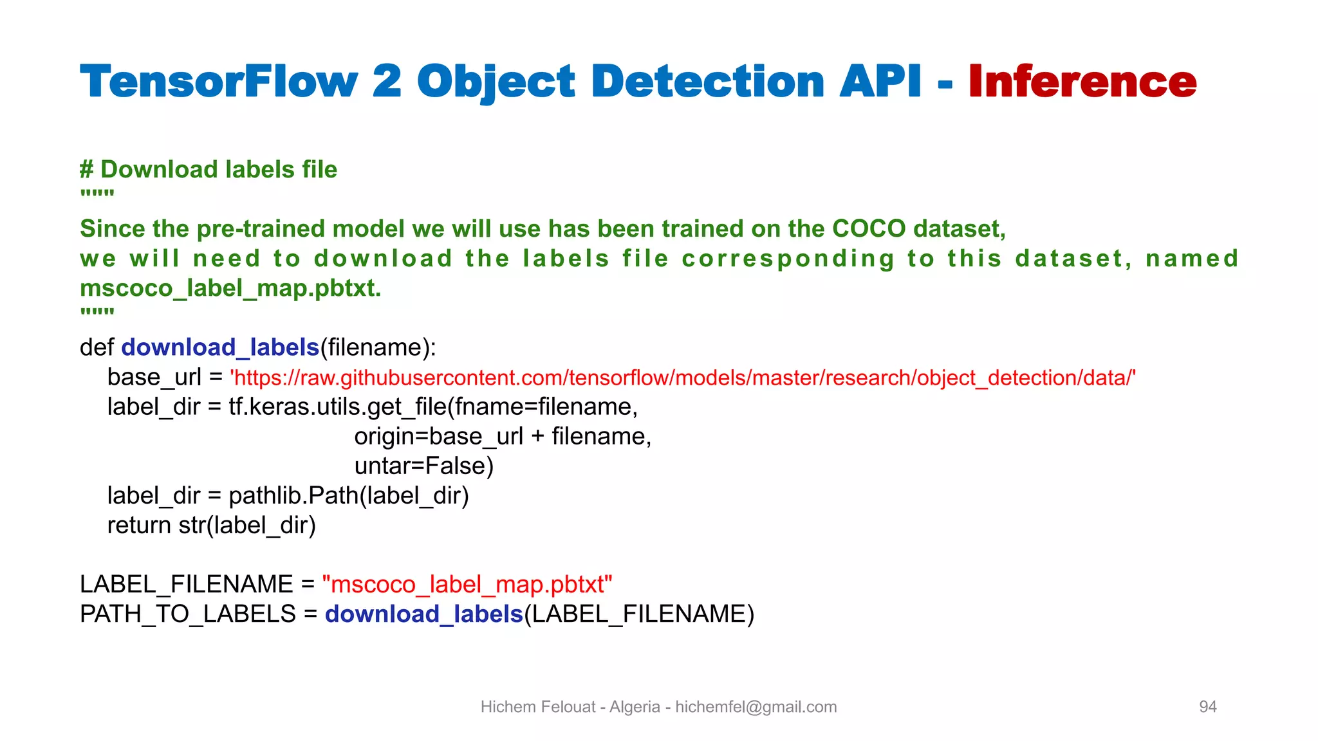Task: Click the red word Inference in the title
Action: point(1082,82)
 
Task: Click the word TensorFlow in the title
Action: point(219,82)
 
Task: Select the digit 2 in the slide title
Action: point(387,82)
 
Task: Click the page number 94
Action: point(1207,707)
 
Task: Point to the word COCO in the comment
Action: point(869,229)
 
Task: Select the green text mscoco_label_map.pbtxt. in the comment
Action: point(230,288)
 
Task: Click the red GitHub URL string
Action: point(683,378)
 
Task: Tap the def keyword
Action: point(97,347)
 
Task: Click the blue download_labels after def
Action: point(220,347)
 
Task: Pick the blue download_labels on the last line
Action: point(423,614)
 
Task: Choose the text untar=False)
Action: point(423,466)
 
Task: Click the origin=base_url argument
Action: point(438,436)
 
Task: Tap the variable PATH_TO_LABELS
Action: point(188,614)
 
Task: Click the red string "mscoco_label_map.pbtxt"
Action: point(467,585)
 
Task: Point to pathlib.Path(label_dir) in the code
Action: point(348,496)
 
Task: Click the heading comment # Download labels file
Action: point(209,170)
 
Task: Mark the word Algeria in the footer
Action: point(635,707)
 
